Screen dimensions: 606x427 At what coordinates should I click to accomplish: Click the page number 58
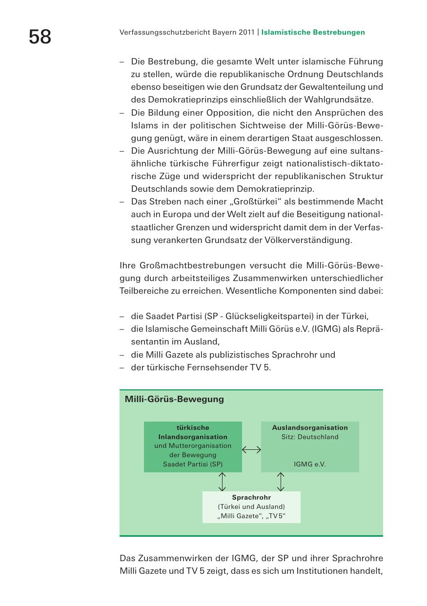[x=40, y=37]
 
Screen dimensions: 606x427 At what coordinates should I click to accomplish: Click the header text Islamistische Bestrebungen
[x=313, y=33]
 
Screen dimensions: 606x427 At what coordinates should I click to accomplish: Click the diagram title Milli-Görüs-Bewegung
[x=174, y=399]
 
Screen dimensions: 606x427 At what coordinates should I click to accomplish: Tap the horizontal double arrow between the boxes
[x=251, y=450]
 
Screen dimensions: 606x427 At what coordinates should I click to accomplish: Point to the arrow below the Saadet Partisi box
[x=222, y=482]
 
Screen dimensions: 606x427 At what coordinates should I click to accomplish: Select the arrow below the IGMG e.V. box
[x=281, y=482]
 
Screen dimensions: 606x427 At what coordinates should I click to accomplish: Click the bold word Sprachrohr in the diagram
[x=251, y=498]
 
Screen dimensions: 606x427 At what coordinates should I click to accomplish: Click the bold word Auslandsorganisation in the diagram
[x=310, y=428]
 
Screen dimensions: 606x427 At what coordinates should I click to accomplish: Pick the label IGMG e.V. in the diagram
[x=310, y=465]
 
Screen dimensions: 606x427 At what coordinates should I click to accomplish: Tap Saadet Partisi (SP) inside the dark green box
[x=193, y=465]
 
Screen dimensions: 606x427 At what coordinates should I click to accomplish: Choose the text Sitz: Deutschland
[x=310, y=437]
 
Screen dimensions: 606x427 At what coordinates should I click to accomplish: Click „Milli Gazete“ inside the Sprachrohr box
[x=237, y=516]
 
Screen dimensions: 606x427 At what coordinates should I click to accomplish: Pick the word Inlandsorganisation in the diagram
[x=193, y=437]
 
